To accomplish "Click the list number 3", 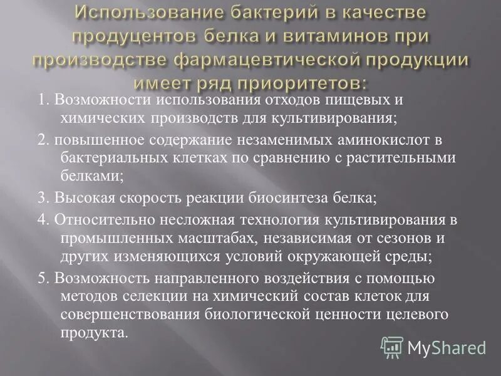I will [42, 198].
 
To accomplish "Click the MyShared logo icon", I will [392, 347].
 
